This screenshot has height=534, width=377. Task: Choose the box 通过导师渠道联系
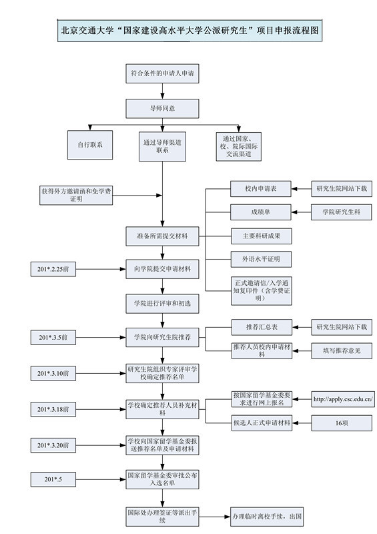pyautogui.click(x=162, y=146)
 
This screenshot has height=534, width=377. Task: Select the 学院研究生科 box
pyautogui.click(x=342, y=212)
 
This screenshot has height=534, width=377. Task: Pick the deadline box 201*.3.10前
pyautogui.click(x=57, y=372)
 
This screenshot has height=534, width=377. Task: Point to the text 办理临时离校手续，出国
pyautogui.click(x=267, y=517)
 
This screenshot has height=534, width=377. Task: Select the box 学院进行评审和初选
pyautogui.click(x=162, y=304)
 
